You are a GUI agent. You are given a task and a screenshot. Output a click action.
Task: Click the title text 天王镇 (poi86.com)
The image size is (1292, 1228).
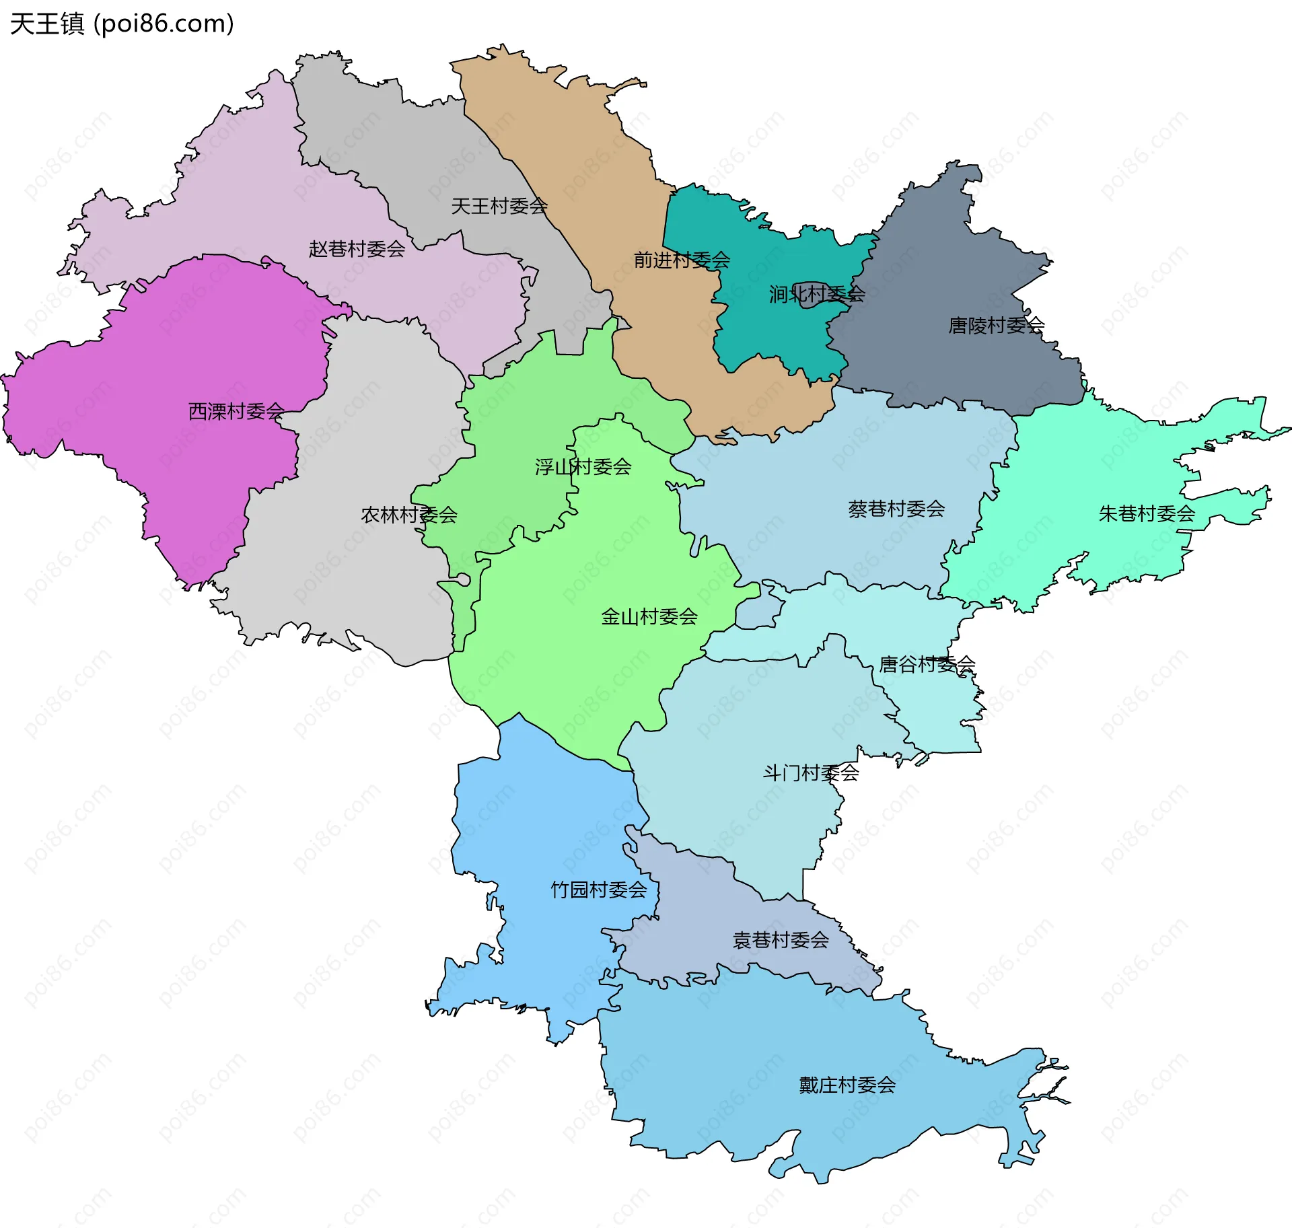pos(122,24)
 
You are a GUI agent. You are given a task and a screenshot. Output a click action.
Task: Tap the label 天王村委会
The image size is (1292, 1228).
pos(499,206)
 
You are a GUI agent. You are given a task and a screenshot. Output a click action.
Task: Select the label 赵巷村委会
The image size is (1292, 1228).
pos(357,249)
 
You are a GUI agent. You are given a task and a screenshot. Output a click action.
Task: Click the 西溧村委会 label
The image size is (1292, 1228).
pos(236,411)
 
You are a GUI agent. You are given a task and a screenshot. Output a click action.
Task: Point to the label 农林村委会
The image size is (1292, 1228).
pos(408,515)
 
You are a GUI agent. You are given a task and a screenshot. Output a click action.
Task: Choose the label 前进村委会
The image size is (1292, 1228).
pos(681,260)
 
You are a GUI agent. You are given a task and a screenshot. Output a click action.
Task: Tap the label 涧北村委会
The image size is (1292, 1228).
pos(816,293)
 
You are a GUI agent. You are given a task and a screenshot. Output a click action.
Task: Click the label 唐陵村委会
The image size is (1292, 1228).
pos(995,326)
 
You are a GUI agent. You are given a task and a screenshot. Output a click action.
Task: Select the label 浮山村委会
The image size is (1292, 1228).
pos(583,466)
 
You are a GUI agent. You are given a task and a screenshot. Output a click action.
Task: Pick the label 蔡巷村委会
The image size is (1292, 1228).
pos(896,509)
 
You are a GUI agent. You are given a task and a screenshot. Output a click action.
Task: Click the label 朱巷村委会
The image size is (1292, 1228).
pos(1146,513)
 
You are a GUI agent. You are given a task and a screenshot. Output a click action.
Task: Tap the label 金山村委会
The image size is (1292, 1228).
pos(649,616)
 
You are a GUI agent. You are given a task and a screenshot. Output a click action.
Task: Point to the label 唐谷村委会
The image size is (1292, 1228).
pos(927,665)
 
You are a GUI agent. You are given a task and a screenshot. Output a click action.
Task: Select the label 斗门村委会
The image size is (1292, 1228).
pos(810,772)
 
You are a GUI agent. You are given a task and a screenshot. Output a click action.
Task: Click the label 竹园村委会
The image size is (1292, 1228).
pos(598,890)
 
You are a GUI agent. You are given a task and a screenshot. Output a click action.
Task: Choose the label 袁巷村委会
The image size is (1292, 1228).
pos(780,940)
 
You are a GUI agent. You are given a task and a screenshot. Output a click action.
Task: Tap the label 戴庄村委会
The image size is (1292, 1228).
pos(847,1085)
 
